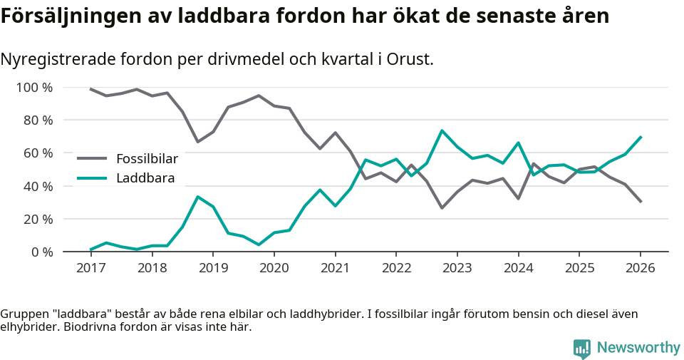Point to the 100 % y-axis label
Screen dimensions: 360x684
click(x=34, y=88)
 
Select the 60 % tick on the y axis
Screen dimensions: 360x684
click(x=38, y=153)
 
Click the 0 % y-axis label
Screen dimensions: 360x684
click(x=41, y=252)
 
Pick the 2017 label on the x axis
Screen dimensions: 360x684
click(x=90, y=269)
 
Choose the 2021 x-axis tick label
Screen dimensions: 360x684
click(x=335, y=269)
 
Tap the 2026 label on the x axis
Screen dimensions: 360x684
click(x=640, y=269)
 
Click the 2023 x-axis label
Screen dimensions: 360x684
click(x=457, y=269)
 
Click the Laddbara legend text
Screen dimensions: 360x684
click(x=145, y=178)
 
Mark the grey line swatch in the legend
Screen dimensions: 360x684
click(x=92, y=158)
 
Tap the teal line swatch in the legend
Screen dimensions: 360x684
click(x=92, y=178)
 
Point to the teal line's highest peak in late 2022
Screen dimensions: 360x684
click(x=442, y=130)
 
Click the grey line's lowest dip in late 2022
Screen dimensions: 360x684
click(x=442, y=208)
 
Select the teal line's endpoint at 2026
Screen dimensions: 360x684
click(x=641, y=137)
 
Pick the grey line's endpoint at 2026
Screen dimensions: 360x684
click(x=641, y=202)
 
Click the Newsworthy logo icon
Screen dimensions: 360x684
click(x=582, y=348)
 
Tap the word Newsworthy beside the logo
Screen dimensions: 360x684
click(x=638, y=348)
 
